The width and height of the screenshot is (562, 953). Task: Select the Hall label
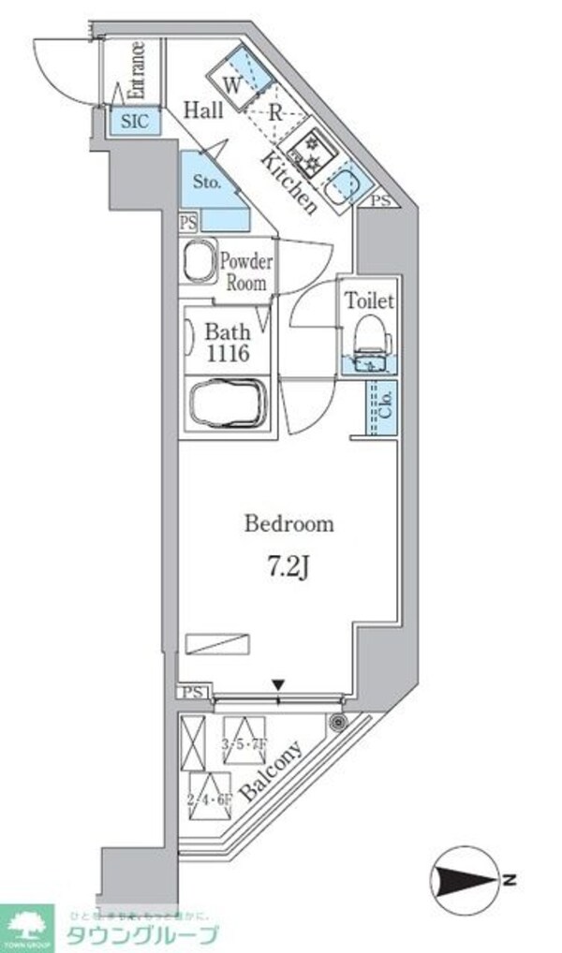click(202, 110)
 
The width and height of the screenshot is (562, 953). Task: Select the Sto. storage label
click(207, 182)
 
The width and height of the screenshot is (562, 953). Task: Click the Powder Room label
click(245, 271)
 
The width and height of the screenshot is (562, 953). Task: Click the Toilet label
click(370, 301)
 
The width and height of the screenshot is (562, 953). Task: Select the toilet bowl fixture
click(370, 334)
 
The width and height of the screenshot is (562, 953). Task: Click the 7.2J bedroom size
click(288, 567)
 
